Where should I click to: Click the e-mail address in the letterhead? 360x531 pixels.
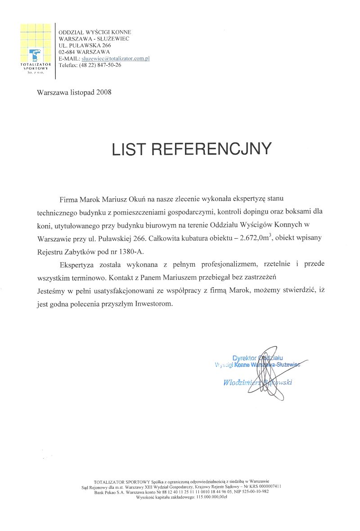tap(115, 58)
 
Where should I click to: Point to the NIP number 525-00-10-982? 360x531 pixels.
tap(254, 491)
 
